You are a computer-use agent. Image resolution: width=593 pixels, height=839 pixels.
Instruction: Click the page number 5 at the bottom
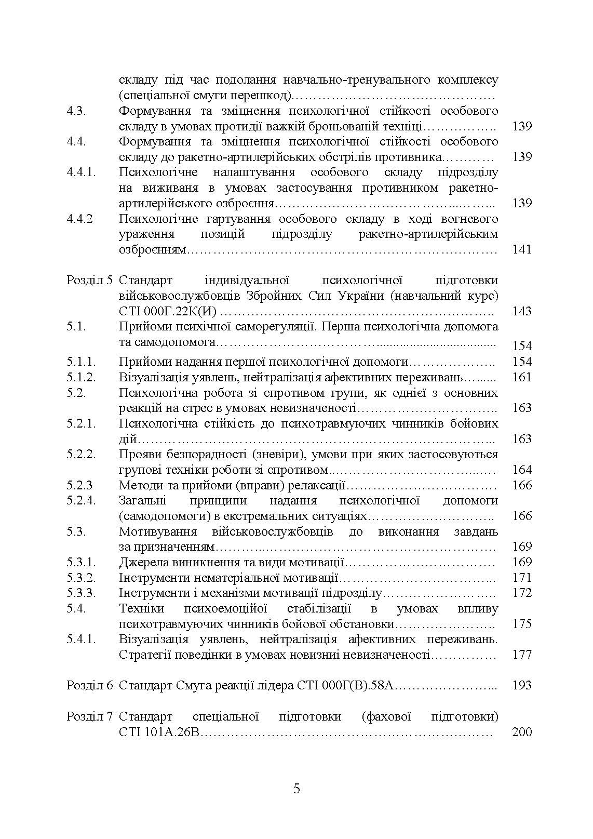coord(296,789)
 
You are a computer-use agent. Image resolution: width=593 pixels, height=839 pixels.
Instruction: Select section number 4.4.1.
coord(82,172)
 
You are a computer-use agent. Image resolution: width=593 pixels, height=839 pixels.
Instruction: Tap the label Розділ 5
coord(89,281)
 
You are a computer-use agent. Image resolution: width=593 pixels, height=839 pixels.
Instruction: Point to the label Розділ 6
coord(89,685)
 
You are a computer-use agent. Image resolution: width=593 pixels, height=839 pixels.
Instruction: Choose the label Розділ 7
coord(89,717)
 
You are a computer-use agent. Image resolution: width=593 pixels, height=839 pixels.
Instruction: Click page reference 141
coord(522,249)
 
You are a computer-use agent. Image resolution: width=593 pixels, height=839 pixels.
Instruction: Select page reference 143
coord(522,311)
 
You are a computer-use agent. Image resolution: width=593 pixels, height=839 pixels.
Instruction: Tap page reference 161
coord(522,377)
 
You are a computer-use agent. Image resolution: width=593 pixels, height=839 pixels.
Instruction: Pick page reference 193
coord(522,685)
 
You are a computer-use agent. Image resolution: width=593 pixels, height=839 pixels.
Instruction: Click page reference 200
coord(522,732)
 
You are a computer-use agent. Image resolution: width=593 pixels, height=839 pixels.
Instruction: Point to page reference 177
coord(522,655)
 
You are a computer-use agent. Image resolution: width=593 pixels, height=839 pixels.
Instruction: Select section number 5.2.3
coord(79,485)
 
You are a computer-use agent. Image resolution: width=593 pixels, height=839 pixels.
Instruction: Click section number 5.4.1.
coord(82,639)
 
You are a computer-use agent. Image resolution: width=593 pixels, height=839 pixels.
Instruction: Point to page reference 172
coord(522,593)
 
